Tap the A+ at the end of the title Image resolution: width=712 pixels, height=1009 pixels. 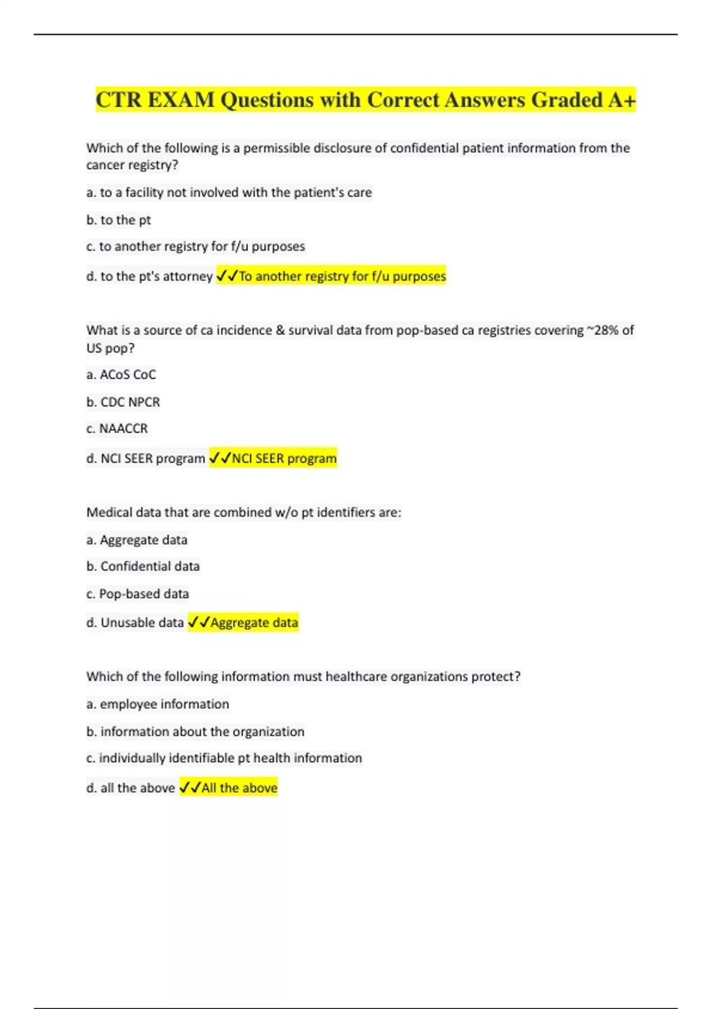(622, 100)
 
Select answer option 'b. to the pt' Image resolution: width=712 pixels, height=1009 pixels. (119, 220)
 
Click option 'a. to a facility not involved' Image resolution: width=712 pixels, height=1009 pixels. (229, 192)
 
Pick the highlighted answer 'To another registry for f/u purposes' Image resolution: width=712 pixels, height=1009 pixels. (342, 276)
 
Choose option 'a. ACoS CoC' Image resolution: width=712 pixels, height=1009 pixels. (121, 375)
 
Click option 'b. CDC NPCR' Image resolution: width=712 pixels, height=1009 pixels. (123, 402)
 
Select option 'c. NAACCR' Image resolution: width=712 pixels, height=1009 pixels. (117, 429)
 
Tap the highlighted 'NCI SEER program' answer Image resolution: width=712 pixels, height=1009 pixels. (284, 458)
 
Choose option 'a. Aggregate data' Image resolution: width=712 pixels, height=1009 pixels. (137, 540)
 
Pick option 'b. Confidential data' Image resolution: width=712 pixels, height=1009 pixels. (143, 566)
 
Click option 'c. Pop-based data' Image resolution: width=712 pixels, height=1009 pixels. (138, 594)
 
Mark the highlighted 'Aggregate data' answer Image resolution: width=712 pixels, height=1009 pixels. (254, 623)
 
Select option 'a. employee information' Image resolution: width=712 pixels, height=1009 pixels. (158, 704)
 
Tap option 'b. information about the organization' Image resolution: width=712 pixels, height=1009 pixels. (195, 731)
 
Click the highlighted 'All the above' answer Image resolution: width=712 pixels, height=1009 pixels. (239, 788)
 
